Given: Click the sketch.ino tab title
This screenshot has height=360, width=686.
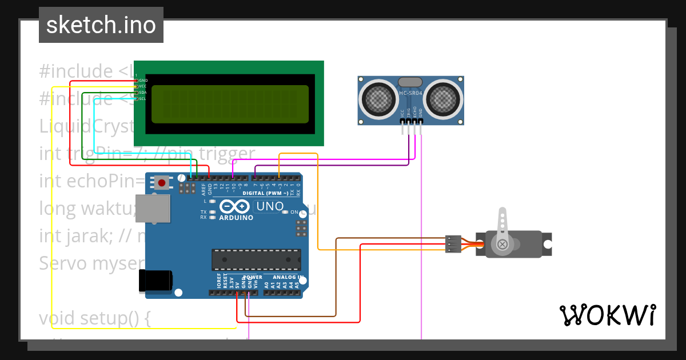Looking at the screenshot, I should pyautogui.click(x=101, y=25).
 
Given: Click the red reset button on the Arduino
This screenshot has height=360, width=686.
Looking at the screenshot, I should pyautogui.click(x=162, y=183).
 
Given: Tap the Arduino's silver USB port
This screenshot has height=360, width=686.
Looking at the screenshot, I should pyautogui.click(x=153, y=208).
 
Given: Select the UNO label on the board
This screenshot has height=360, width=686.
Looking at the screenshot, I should pyautogui.click(x=269, y=206).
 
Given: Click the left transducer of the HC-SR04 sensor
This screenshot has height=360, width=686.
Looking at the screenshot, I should pyautogui.click(x=379, y=99).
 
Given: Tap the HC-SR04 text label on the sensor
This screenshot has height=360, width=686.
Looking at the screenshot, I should pyautogui.click(x=410, y=93).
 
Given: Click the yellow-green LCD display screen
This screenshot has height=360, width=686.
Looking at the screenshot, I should pyautogui.click(x=230, y=104).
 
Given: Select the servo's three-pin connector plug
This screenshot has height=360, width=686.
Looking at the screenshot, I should pyautogui.click(x=453, y=244).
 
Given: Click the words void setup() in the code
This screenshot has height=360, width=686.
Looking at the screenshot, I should pyautogui.click(x=94, y=317).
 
